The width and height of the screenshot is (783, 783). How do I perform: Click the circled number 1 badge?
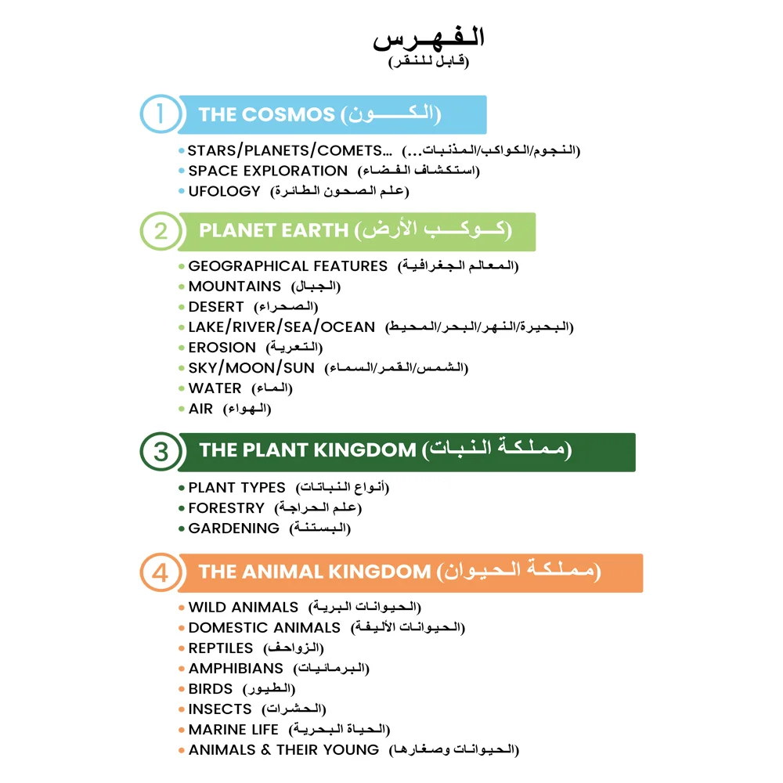pyautogui.click(x=161, y=114)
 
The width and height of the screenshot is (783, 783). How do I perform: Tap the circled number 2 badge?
pyautogui.click(x=161, y=231)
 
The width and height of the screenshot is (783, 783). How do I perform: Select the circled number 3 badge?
pyautogui.click(x=161, y=452)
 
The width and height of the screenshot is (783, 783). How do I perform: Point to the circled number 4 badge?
pyautogui.click(x=161, y=572)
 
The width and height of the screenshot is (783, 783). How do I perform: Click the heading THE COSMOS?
pyautogui.click(x=266, y=114)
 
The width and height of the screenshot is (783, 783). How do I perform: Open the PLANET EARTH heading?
pyautogui.click(x=273, y=231)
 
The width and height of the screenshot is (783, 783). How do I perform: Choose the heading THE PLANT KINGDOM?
pyautogui.click(x=307, y=451)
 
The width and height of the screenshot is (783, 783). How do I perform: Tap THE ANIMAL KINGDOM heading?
pyautogui.click(x=314, y=572)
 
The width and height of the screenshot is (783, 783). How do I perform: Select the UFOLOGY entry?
pyautogui.click(x=224, y=191)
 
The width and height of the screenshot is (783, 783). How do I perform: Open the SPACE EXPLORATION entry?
pyautogui.click(x=268, y=171)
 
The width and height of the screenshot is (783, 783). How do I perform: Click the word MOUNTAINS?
pyautogui.click(x=234, y=287)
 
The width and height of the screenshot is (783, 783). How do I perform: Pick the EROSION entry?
pyautogui.click(x=222, y=348)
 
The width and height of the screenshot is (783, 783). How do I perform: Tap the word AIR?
pyautogui.click(x=200, y=409)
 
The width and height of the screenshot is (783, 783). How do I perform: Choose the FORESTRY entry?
pyautogui.click(x=226, y=508)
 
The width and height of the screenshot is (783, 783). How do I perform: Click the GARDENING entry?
pyautogui.click(x=233, y=529)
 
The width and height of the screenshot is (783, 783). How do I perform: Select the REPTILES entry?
pyautogui.click(x=221, y=648)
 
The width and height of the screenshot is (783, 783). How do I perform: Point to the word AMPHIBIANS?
pyautogui.click(x=236, y=669)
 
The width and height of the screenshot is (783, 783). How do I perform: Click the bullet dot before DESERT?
pyautogui.click(x=182, y=307)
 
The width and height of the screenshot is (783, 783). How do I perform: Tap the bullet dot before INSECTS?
pyautogui.click(x=182, y=709)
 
